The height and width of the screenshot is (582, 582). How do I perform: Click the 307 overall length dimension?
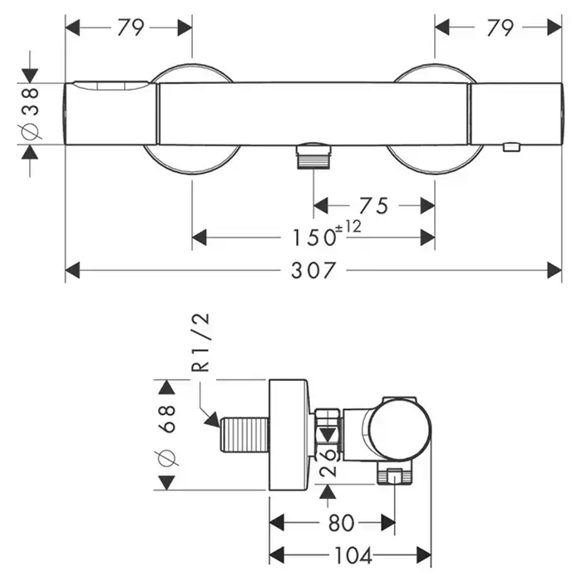pos(313,271)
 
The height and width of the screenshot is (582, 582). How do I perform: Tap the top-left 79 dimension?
pos(131,28)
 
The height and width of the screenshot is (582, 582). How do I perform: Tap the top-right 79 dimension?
pos(499,28)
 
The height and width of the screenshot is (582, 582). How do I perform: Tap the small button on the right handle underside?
pos(510,148)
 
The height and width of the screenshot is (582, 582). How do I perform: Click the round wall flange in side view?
pos(291,436)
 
